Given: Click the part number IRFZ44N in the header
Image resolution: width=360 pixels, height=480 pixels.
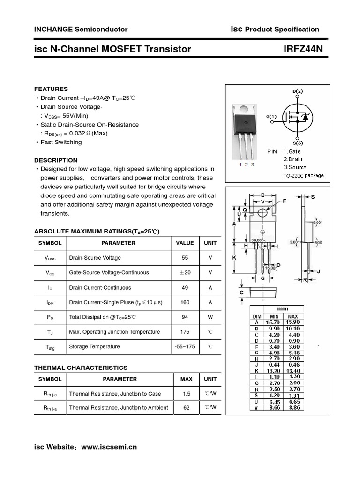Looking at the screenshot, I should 303,49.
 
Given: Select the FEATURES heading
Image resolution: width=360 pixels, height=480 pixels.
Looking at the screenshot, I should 51,89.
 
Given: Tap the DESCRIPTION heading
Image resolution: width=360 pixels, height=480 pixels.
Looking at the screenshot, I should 56,160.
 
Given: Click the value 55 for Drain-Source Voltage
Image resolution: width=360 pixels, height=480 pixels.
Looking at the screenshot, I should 185,258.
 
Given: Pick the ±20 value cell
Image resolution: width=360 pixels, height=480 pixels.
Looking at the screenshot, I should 185,273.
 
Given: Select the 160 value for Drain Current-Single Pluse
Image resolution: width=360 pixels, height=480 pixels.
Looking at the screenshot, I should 185,302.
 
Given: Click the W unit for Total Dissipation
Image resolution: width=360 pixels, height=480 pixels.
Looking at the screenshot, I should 210,317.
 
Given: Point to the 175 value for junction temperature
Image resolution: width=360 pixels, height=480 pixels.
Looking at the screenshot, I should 185,332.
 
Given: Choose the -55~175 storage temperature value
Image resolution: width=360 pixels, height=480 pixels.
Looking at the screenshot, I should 185,347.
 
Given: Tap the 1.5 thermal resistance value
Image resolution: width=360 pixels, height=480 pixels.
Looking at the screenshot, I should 187,394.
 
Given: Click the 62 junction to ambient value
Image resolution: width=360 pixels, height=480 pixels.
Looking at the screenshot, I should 187,408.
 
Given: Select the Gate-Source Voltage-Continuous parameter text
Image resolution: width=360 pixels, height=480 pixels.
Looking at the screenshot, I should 109,273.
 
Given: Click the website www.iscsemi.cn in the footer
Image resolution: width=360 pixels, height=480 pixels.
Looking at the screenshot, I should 109,447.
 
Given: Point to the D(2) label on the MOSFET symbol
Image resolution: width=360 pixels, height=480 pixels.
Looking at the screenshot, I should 298,91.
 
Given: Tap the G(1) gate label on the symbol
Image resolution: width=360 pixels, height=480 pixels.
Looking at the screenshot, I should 271,117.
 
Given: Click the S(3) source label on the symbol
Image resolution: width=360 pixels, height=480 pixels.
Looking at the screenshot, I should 298,142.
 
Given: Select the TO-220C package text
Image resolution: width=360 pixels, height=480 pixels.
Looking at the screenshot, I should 303,176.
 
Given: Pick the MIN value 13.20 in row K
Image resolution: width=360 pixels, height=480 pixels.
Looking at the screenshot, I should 273,370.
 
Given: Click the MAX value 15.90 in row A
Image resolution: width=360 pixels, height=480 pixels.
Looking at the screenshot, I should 293,322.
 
